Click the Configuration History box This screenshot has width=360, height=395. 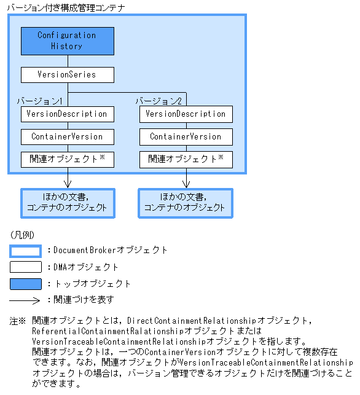click(67, 41)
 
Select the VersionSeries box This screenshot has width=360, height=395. click(67, 75)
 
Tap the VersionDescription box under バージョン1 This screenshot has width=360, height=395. click(67, 114)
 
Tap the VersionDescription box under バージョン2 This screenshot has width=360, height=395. click(186, 114)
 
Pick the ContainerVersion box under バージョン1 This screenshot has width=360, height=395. click(67, 136)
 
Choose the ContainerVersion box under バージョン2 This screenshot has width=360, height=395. click(186, 136)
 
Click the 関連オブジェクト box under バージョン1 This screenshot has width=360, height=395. click(67, 158)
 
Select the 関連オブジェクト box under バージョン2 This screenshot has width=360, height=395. click(186, 158)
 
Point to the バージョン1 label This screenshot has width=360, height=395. click(40, 100)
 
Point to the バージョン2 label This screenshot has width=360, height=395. click(158, 100)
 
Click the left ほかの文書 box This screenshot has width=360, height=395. click(67, 203)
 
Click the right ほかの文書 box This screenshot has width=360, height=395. click(186, 203)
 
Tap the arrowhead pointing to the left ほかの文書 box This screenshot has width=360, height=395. click(67, 184)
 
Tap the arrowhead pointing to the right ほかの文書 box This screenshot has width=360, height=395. click(186, 184)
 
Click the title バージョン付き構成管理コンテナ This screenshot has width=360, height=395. click(65, 8)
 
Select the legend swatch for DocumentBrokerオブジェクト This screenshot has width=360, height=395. click(25, 251)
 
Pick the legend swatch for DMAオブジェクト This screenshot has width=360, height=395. click(25, 267)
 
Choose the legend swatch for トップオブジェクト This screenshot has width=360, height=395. click(25, 284)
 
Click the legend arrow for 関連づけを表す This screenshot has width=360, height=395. click(25, 300)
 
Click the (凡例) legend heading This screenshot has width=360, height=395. click(22, 235)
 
